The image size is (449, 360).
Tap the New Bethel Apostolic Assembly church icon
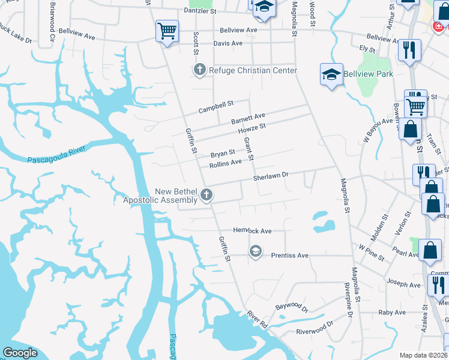[x=207, y=194]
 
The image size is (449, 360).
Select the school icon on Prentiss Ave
[x=256, y=251]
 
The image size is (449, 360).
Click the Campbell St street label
[x=216, y=107]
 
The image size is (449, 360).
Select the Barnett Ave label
[x=248, y=118]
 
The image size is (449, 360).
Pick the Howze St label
[x=252, y=128]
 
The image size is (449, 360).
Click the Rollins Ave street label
[x=225, y=163]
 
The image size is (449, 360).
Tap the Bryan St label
[x=222, y=153]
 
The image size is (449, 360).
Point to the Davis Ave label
[x=228, y=43]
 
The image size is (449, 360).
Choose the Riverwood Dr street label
[x=315, y=328]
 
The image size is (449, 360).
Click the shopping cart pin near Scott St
[x=167, y=31]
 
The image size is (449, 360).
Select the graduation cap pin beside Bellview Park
[x=331, y=74]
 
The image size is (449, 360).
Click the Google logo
[x=20, y=353]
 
